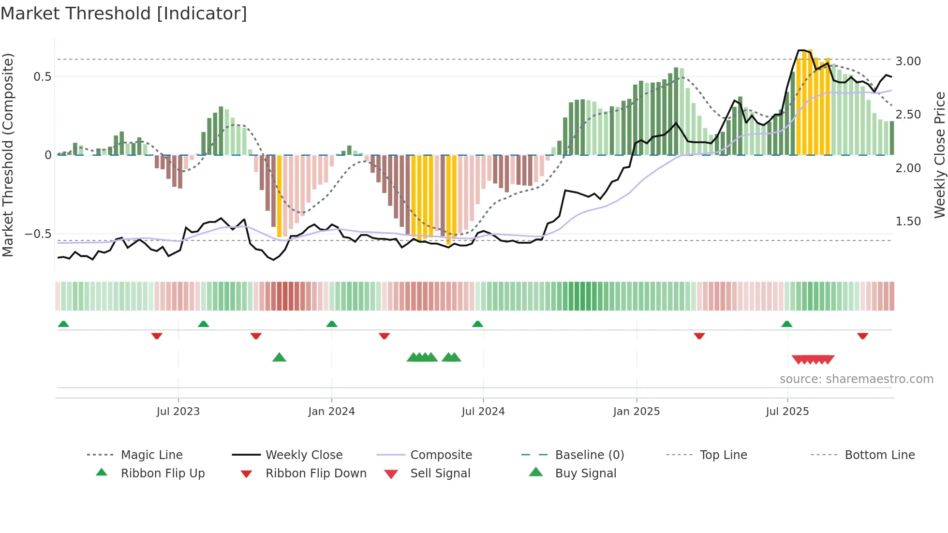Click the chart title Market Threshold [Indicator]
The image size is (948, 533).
[x=124, y=14]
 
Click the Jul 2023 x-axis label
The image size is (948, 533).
[x=178, y=412]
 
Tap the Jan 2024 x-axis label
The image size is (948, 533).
[x=331, y=412]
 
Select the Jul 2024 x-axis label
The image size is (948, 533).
[x=483, y=412]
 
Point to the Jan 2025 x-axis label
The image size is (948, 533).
[x=636, y=412]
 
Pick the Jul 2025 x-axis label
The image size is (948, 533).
[x=787, y=412]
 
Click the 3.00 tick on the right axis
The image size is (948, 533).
[x=908, y=61]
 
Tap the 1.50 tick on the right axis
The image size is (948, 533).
[x=908, y=222]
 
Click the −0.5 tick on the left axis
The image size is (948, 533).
[x=38, y=234]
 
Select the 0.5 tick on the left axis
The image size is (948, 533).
[x=42, y=77]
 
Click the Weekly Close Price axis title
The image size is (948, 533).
[x=939, y=155]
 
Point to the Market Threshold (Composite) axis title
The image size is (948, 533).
[x=8, y=155]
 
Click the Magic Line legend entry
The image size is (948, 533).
[x=151, y=455]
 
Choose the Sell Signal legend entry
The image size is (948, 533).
[x=440, y=474]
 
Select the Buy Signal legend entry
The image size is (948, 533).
[x=585, y=474]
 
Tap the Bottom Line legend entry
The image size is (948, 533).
[x=879, y=455]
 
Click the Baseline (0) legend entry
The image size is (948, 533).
[x=589, y=455]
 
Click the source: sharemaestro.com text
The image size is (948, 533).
[x=856, y=379]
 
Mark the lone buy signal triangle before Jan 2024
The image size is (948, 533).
[x=279, y=357]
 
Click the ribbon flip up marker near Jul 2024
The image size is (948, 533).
[x=477, y=324]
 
